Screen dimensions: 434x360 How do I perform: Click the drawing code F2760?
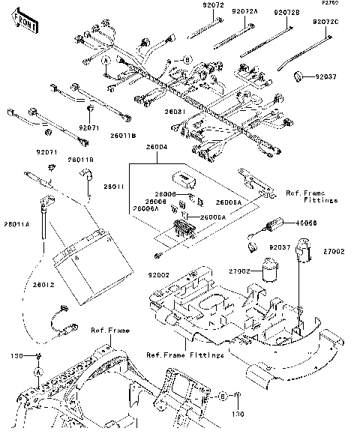(x=330, y=4)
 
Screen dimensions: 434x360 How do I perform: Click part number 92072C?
(x=327, y=22)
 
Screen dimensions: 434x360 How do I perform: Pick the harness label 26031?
(x=175, y=111)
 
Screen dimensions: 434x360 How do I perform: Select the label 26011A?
(x=17, y=224)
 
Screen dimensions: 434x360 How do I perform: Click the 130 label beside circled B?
(x=238, y=413)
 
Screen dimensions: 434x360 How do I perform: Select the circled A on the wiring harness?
(x=106, y=59)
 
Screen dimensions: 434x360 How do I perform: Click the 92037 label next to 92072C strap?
(x=327, y=76)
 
